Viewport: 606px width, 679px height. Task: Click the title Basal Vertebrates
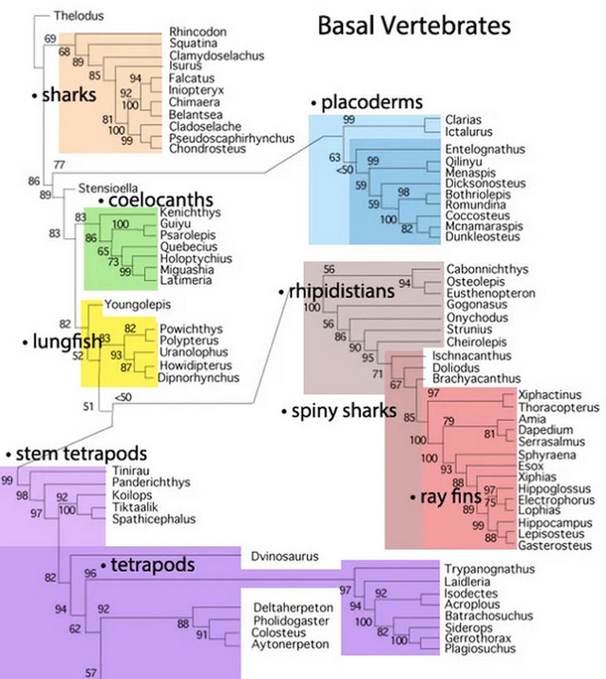pyautogui.click(x=414, y=26)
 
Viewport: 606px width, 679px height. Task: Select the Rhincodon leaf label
pyautogui.click(x=198, y=31)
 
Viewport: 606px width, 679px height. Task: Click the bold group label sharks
pyautogui.click(x=69, y=95)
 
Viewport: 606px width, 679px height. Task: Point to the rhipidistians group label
pyautogui.click(x=342, y=292)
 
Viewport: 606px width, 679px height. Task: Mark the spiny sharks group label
pyautogui.click(x=344, y=411)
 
